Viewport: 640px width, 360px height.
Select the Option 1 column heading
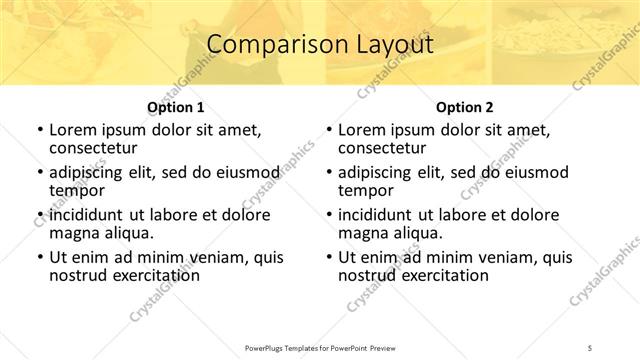pos(175,107)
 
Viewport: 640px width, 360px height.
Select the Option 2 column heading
pos(464,107)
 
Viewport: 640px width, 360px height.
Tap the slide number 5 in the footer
pos(591,346)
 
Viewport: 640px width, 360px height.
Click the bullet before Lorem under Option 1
pos(39,130)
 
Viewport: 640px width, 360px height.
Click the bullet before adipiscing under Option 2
pos(328,173)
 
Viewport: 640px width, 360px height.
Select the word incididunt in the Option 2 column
pos(379,215)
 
